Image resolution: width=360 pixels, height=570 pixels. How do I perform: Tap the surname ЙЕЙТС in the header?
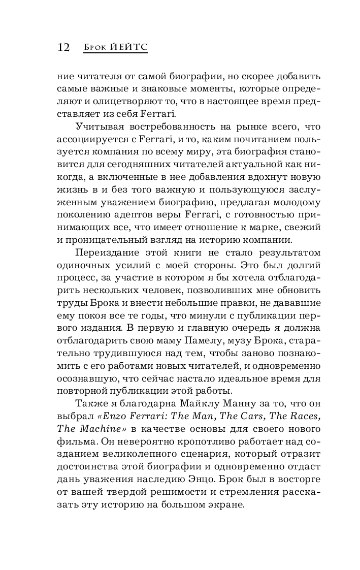128,47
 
